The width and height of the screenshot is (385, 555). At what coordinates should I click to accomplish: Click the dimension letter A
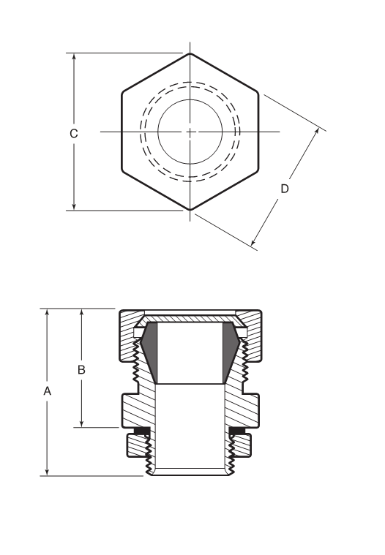tap(48, 392)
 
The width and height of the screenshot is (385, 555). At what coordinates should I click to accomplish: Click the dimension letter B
tap(82, 369)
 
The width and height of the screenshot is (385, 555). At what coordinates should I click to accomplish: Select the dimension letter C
tap(73, 133)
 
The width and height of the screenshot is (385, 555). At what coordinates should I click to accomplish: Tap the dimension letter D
tap(285, 189)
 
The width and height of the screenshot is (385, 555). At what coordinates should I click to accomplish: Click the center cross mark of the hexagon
tap(190, 132)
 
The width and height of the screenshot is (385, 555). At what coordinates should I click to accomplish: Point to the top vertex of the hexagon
tap(190, 53)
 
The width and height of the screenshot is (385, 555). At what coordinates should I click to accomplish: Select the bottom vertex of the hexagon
tap(190, 210)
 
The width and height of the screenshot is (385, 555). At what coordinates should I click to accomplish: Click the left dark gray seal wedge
tap(149, 355)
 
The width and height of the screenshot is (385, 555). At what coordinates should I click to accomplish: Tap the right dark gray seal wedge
tap(231, 355)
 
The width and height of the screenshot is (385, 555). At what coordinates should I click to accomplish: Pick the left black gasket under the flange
tap(141, 431)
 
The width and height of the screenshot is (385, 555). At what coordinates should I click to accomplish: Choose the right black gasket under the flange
tap(238, 431)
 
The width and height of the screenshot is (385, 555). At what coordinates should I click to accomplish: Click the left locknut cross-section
tap(136, 443)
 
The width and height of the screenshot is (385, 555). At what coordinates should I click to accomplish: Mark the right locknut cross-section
tap(243, 443)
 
